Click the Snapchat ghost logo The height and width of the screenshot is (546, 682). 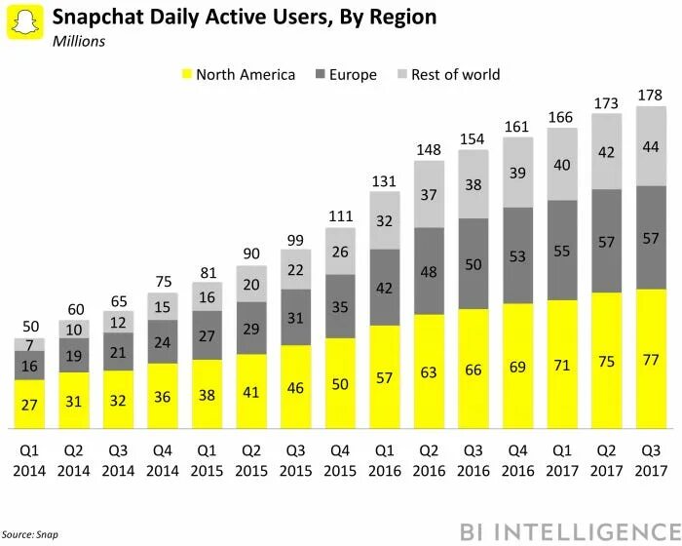[25, 22]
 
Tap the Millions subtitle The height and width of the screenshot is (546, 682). [79, 41]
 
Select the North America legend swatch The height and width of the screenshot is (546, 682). [186, 74]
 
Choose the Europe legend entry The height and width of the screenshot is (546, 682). [346, 74]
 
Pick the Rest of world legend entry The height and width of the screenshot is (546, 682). [449, 74]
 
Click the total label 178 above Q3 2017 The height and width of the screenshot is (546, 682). [650, 95]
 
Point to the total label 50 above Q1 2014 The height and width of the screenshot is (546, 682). [31, 327]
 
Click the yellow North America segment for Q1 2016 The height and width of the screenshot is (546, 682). [385, 377]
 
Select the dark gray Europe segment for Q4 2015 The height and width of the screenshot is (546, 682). [340, 306]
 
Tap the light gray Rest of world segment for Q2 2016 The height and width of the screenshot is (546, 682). [429, 194]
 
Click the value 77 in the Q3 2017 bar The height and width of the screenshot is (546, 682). [651, 360]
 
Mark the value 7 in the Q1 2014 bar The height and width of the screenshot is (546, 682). [29, 345]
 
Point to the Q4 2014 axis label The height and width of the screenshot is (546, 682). [163, 460]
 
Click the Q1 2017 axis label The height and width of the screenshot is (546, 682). [562, 460]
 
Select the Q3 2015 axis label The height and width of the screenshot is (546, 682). [295, 460]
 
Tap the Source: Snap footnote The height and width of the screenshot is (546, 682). [29, 534]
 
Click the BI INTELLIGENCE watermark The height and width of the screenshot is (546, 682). [570, 532]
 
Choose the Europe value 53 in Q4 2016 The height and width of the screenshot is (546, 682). [517, 256]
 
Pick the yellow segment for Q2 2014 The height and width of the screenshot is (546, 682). [74, 401]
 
